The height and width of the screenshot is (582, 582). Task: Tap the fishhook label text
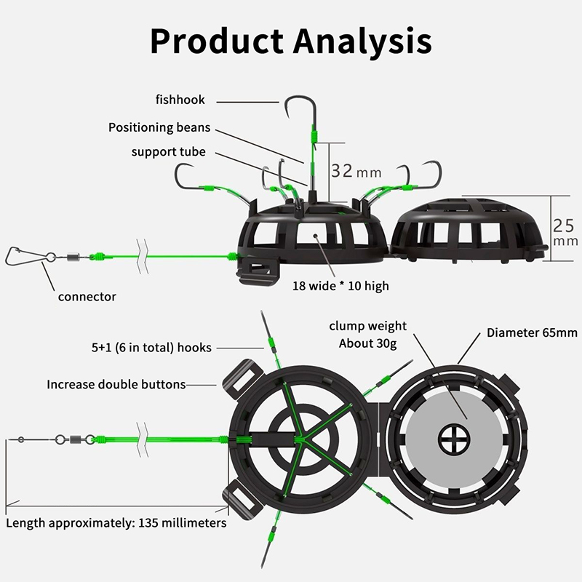180,99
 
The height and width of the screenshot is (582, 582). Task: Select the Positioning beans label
159,127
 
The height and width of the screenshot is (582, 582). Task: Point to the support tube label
168,152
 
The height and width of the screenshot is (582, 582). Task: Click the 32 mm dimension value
356,171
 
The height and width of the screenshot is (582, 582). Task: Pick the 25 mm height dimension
564,231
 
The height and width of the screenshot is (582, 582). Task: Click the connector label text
87,296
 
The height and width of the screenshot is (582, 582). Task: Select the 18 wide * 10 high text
340,286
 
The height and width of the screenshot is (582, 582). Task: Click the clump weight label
367,326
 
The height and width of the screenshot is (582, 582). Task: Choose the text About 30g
367,343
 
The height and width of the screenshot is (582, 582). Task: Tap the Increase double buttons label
116,384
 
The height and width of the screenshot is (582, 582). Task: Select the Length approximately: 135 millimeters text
116,522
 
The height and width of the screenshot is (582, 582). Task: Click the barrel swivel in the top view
74,439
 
